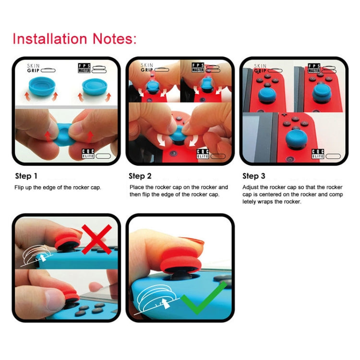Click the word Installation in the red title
(x=48, y=38)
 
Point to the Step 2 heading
(x=140, y=176)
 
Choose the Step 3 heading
(x=254, y=176)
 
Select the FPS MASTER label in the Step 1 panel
(x=84, y=68)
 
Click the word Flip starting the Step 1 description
(x=20, y=187)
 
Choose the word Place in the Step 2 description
(x=137, y=187)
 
